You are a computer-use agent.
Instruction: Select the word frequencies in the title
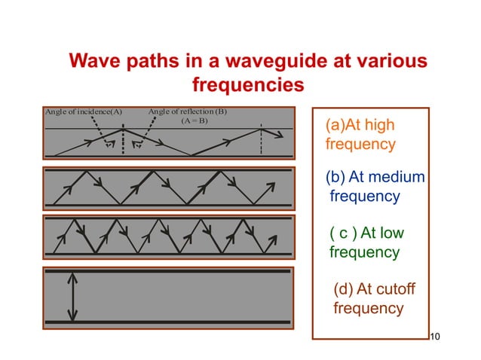pos(248,85)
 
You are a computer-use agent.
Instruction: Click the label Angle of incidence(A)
pos(84,111)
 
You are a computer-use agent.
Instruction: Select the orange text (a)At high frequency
pos(360,133)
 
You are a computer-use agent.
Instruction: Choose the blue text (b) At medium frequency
pos(375,187)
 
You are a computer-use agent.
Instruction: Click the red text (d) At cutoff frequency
pos(374,299)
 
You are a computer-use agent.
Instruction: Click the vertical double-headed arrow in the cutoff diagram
pos(72,295)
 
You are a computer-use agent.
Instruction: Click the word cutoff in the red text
pos(397,290)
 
